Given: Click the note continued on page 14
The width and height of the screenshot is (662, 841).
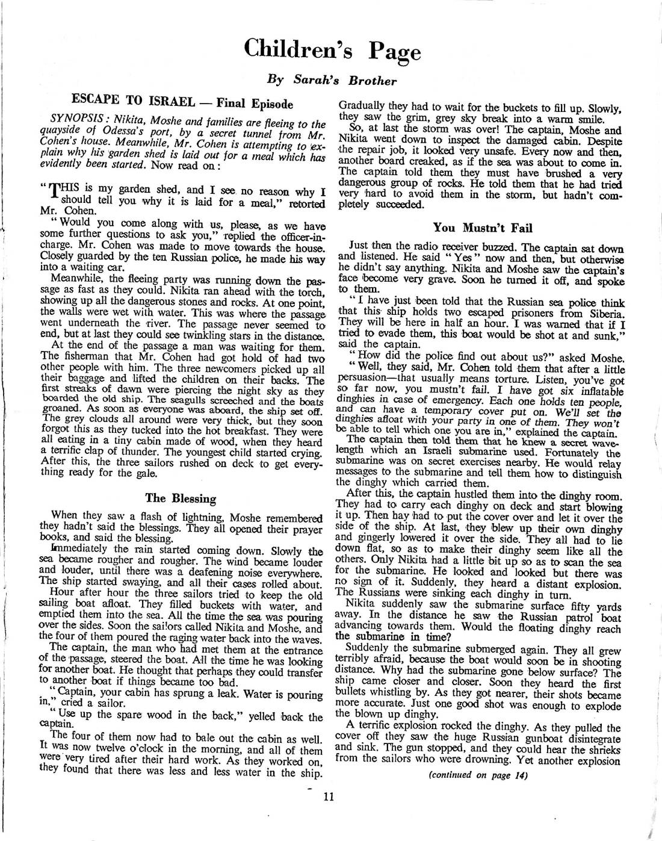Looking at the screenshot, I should pos(478,774).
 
